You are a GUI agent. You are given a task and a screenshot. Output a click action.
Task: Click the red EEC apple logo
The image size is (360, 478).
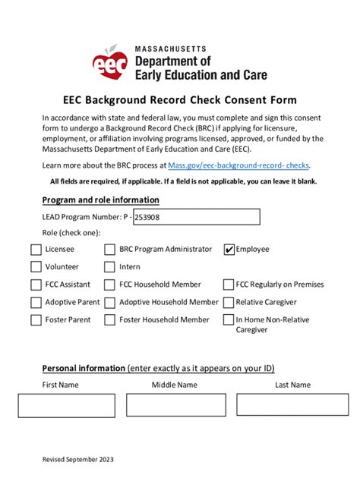pyautogui.click(x=109, y=63)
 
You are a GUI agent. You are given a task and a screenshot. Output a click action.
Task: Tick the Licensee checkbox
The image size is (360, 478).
pyautogui.click(x=36, y=250)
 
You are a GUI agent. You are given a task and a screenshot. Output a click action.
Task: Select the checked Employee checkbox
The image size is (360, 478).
pyautogui.click(x=229, y=250)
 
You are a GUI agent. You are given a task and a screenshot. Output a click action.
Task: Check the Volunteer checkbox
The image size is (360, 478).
pyautogui.click(x=36, y=267)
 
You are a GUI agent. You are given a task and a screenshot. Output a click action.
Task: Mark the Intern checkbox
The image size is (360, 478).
pyautogui.click(x=110, y=267)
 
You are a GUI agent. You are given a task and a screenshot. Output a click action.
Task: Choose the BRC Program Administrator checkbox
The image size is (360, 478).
pyautogui.click(x=110, y=250)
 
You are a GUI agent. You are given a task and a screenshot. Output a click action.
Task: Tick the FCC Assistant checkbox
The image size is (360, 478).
pyautogui.click(x=36, y=285)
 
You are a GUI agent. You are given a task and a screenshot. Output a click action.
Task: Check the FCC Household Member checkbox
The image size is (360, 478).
pyautogui.click(x=110, y=285)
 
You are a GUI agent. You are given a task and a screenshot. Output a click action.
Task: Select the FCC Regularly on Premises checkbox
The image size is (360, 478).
pyautogui.click(x=229, y=285)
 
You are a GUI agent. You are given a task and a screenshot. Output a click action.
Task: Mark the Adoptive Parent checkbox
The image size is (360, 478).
pyautogui.click(x=36, y=302)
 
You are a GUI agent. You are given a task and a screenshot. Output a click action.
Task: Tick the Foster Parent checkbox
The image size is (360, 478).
pyautogui.click(x=36, y=319)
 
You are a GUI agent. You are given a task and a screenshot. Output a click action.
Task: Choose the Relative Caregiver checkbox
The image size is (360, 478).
pyautogui.click(x=229, y=302)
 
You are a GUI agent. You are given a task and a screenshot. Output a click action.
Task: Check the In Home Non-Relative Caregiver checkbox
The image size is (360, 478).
pyautogui.click(x=229, y=320)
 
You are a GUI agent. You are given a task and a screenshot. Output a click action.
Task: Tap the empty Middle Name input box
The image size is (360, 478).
pyautogui.click(x=176, y=405)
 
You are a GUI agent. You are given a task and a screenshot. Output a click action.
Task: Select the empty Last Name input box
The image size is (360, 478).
pyautogui.click(x=292, y=405)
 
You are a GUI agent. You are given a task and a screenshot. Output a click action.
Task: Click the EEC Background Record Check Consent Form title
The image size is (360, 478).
pyautogui.click(x=180, y=100)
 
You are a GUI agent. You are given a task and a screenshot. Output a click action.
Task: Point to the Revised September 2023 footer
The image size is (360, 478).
pyautogui.click(x=78, y=459)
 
